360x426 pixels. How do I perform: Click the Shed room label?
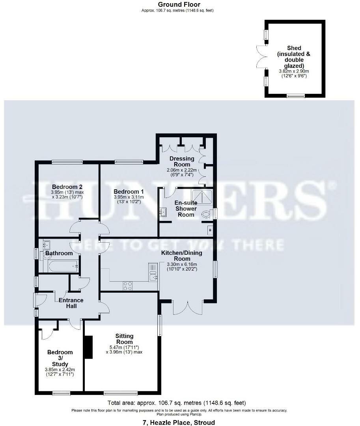click(294, 57)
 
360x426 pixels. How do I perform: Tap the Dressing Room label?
click(182, 161)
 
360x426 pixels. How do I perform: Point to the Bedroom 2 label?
click(67, 187)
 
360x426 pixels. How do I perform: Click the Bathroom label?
click(59, 253)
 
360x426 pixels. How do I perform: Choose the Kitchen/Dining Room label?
click(182, 256)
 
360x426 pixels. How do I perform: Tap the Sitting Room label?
click(124, 339)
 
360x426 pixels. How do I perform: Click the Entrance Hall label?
click(71, 303)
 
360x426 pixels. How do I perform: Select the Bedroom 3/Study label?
click(60, 358)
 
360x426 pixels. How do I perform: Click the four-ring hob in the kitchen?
click(128, 286)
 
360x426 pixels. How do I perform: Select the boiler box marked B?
click(210, 230)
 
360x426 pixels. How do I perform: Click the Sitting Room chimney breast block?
click(89, 347)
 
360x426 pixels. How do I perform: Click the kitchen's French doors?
click(188, 308)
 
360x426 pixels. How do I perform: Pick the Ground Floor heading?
click(179, 4)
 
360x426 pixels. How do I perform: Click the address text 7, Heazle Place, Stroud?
click(179, 422)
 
